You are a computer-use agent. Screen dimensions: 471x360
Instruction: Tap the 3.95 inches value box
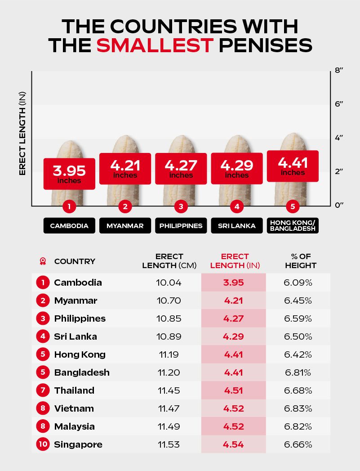(69, 174)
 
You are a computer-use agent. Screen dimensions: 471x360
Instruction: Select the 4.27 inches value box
(181, 169)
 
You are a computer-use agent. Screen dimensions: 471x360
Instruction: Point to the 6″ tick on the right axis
(339, 104)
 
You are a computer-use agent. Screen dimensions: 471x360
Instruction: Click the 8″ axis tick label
(339, 71)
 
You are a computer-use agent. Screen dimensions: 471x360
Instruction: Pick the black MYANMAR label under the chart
(125, 226)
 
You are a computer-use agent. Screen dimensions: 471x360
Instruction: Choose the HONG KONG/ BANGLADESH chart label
(293, 225)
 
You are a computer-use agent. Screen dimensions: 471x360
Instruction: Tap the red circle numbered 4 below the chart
(236, 207)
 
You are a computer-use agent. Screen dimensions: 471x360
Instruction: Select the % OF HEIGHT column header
(301, 261)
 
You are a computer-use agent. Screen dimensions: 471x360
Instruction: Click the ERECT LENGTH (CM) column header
(169, 261)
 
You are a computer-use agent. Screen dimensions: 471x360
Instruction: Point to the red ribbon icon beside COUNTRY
(43, 261)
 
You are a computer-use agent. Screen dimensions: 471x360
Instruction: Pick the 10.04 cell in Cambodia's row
(169, 283)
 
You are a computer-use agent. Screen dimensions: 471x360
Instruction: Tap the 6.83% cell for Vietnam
(301, 408)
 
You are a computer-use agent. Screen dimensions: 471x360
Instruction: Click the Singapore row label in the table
(78, 444)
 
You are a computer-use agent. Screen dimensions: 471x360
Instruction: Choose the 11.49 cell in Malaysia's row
(169, 426)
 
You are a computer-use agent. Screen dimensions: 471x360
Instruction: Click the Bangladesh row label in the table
(82, 372)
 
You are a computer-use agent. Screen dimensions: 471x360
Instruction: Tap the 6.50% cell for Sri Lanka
(301, 336)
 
